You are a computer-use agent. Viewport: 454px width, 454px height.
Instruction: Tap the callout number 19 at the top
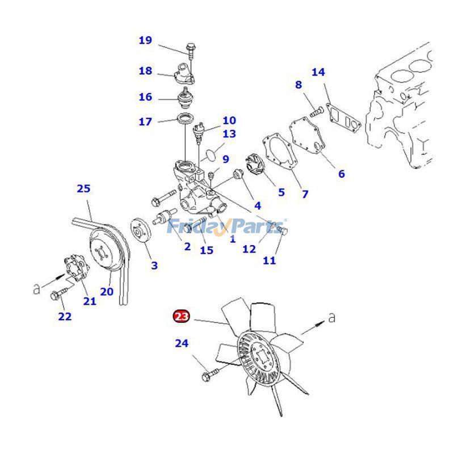click(145, 40)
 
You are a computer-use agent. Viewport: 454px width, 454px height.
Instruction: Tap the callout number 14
click(318, 72)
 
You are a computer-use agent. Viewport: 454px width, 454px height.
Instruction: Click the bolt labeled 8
click(316, 111)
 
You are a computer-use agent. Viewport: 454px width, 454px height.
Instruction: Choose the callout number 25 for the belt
click(84, 188)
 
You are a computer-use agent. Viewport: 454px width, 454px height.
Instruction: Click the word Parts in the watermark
click(258, 227)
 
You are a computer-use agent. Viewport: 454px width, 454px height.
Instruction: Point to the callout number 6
click(342, 174)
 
